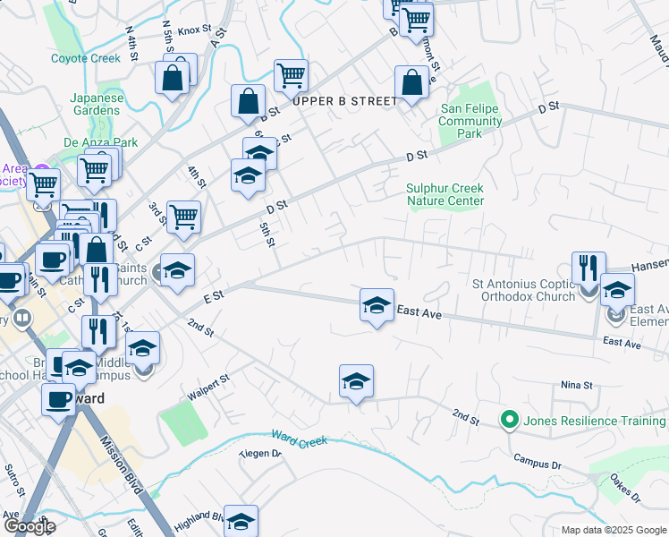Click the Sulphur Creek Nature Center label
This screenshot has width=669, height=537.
pos(445,194)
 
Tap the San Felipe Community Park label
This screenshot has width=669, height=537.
pos(470,121)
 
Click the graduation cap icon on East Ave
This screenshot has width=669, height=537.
pos(377,305)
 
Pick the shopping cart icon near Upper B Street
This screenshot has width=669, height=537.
pos(291,77)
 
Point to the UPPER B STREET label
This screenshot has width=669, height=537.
pos(344,101)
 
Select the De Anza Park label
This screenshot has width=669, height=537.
pos(100,141)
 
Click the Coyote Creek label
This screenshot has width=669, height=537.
pos(86,58)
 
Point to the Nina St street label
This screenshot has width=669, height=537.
pos(577,385)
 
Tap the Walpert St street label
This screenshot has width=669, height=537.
pos(209,387)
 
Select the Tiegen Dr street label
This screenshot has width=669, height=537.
pos(260,454)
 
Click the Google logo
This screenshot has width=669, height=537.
pos(29,526)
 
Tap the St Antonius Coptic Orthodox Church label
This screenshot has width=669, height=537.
pos(520,290)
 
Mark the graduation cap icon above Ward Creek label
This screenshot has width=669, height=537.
pos(356,382)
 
